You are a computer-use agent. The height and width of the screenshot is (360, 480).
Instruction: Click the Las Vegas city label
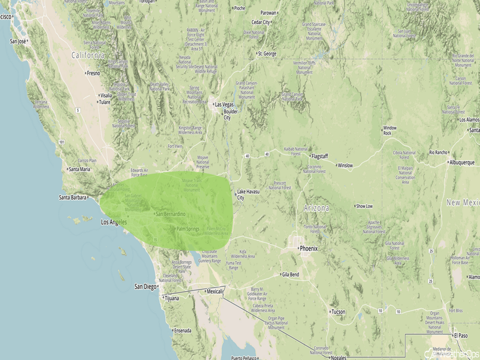(225, 104)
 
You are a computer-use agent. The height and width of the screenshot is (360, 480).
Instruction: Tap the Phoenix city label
(309, 249)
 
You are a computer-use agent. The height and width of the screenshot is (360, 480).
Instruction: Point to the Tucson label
(338, 311)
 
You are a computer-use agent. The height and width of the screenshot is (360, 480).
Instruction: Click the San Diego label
(146, 286)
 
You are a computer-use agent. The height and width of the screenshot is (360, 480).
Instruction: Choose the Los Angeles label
(114, 222)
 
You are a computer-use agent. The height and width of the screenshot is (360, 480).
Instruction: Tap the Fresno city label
(94, 73)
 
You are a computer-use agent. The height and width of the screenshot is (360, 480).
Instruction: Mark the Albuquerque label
(462, 162)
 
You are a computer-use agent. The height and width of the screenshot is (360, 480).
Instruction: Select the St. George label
(267, 54)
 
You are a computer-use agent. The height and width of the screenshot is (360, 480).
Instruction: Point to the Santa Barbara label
(72, 197)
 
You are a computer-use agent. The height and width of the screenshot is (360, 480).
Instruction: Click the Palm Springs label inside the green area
(188, 229)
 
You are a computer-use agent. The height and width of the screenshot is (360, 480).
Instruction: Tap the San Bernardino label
(171, 214)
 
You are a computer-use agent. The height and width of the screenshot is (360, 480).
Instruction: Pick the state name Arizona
(317, 208)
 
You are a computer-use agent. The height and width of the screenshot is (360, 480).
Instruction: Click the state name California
(88, 55)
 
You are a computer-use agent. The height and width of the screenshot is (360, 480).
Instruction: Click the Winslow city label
(345, 165)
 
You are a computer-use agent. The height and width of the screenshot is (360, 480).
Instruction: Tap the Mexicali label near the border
(215, 291)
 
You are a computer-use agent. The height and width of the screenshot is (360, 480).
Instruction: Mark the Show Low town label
(365, 206)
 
